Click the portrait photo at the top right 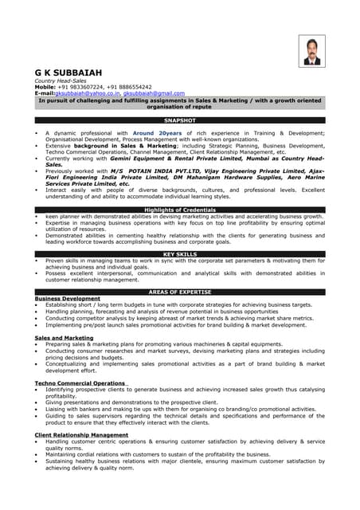(x=310, y=51)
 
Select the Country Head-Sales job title (x=61, y=80)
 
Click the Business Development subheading (x=68, y=299)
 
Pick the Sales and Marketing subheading (x=64, y=338)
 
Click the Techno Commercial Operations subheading (x=80, y=383)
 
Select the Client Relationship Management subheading (x=81, y=435)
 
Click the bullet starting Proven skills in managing (x=183, y=261)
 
